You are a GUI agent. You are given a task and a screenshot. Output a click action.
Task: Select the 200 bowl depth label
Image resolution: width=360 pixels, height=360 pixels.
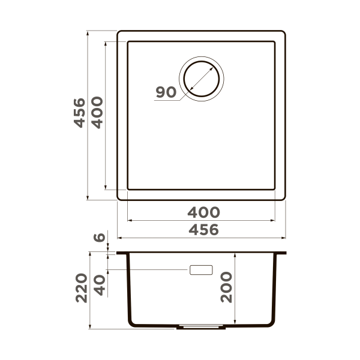pyautogui.click(x=226, y=287)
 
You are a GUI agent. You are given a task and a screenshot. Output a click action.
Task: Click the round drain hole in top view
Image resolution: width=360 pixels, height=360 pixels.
pyautogui.click(x=202, y=79)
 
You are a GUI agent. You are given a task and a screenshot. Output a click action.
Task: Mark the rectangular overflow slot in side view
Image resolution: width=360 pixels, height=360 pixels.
pyautogui.click(x=201, y=269)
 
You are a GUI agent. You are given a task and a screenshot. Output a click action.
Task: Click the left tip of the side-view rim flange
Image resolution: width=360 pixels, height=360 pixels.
pyautogui.click(x=118, y=253)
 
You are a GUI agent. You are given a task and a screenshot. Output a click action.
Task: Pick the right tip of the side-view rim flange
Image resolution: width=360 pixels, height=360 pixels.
pyautogui.click(x=285, y=253)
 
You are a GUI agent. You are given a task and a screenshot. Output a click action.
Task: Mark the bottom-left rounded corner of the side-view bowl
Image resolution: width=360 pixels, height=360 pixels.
pyautogui.click(x=131, y=322)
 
